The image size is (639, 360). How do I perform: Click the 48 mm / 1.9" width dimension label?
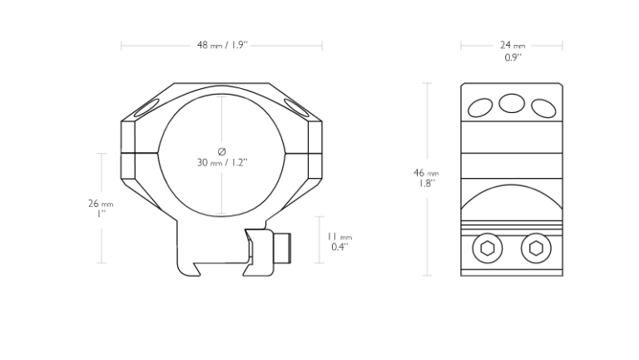click(222, 45)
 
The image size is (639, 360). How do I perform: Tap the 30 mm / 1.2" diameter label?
click(222, 162)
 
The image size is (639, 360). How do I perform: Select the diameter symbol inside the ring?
click(221, 151)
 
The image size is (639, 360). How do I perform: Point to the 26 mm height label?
click(101, 203)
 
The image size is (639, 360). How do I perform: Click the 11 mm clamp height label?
click(339, 236)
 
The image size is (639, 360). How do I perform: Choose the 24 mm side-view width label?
click(513, 45)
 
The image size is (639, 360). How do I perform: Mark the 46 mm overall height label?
click(426, 173)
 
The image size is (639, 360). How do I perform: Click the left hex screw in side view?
click(488, 248)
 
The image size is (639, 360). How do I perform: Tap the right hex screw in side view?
click(536, 248)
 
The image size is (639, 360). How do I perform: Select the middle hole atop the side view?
click(512, 103)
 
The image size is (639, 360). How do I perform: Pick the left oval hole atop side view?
click(480, 108)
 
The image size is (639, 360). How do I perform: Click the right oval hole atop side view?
click(543, 108)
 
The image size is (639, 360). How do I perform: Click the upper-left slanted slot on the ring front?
click(146, 109)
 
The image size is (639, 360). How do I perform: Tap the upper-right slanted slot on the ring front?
click(297, 108)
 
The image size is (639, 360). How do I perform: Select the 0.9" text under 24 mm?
click(513, 57)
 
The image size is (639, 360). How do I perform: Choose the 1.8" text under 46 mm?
click(427, 183)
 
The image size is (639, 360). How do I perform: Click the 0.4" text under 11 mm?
click(339, 247)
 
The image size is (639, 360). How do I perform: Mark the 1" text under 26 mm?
click(101, 214)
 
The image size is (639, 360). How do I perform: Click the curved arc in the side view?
click(512, 185)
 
